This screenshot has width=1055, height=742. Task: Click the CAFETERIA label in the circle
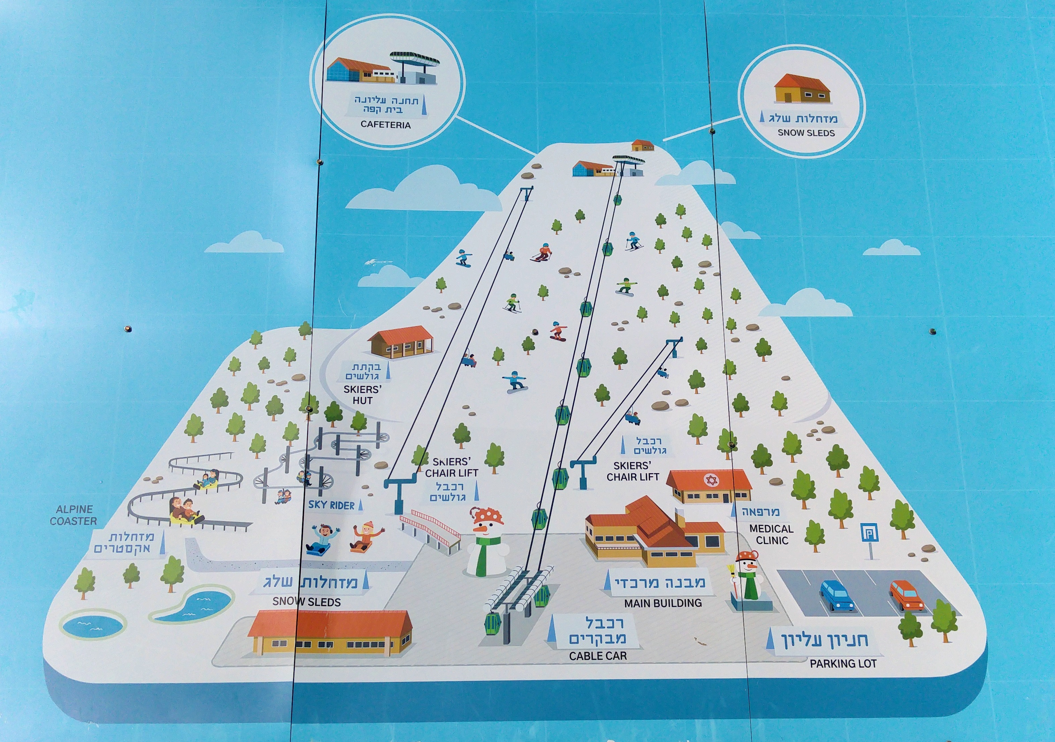pyautogui.click(x=386, y=125)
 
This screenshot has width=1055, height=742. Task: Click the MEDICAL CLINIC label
pyautogui.click(x=772, y=535)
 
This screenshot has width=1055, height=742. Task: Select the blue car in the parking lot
pyautogui.click(x=838, y=595)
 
